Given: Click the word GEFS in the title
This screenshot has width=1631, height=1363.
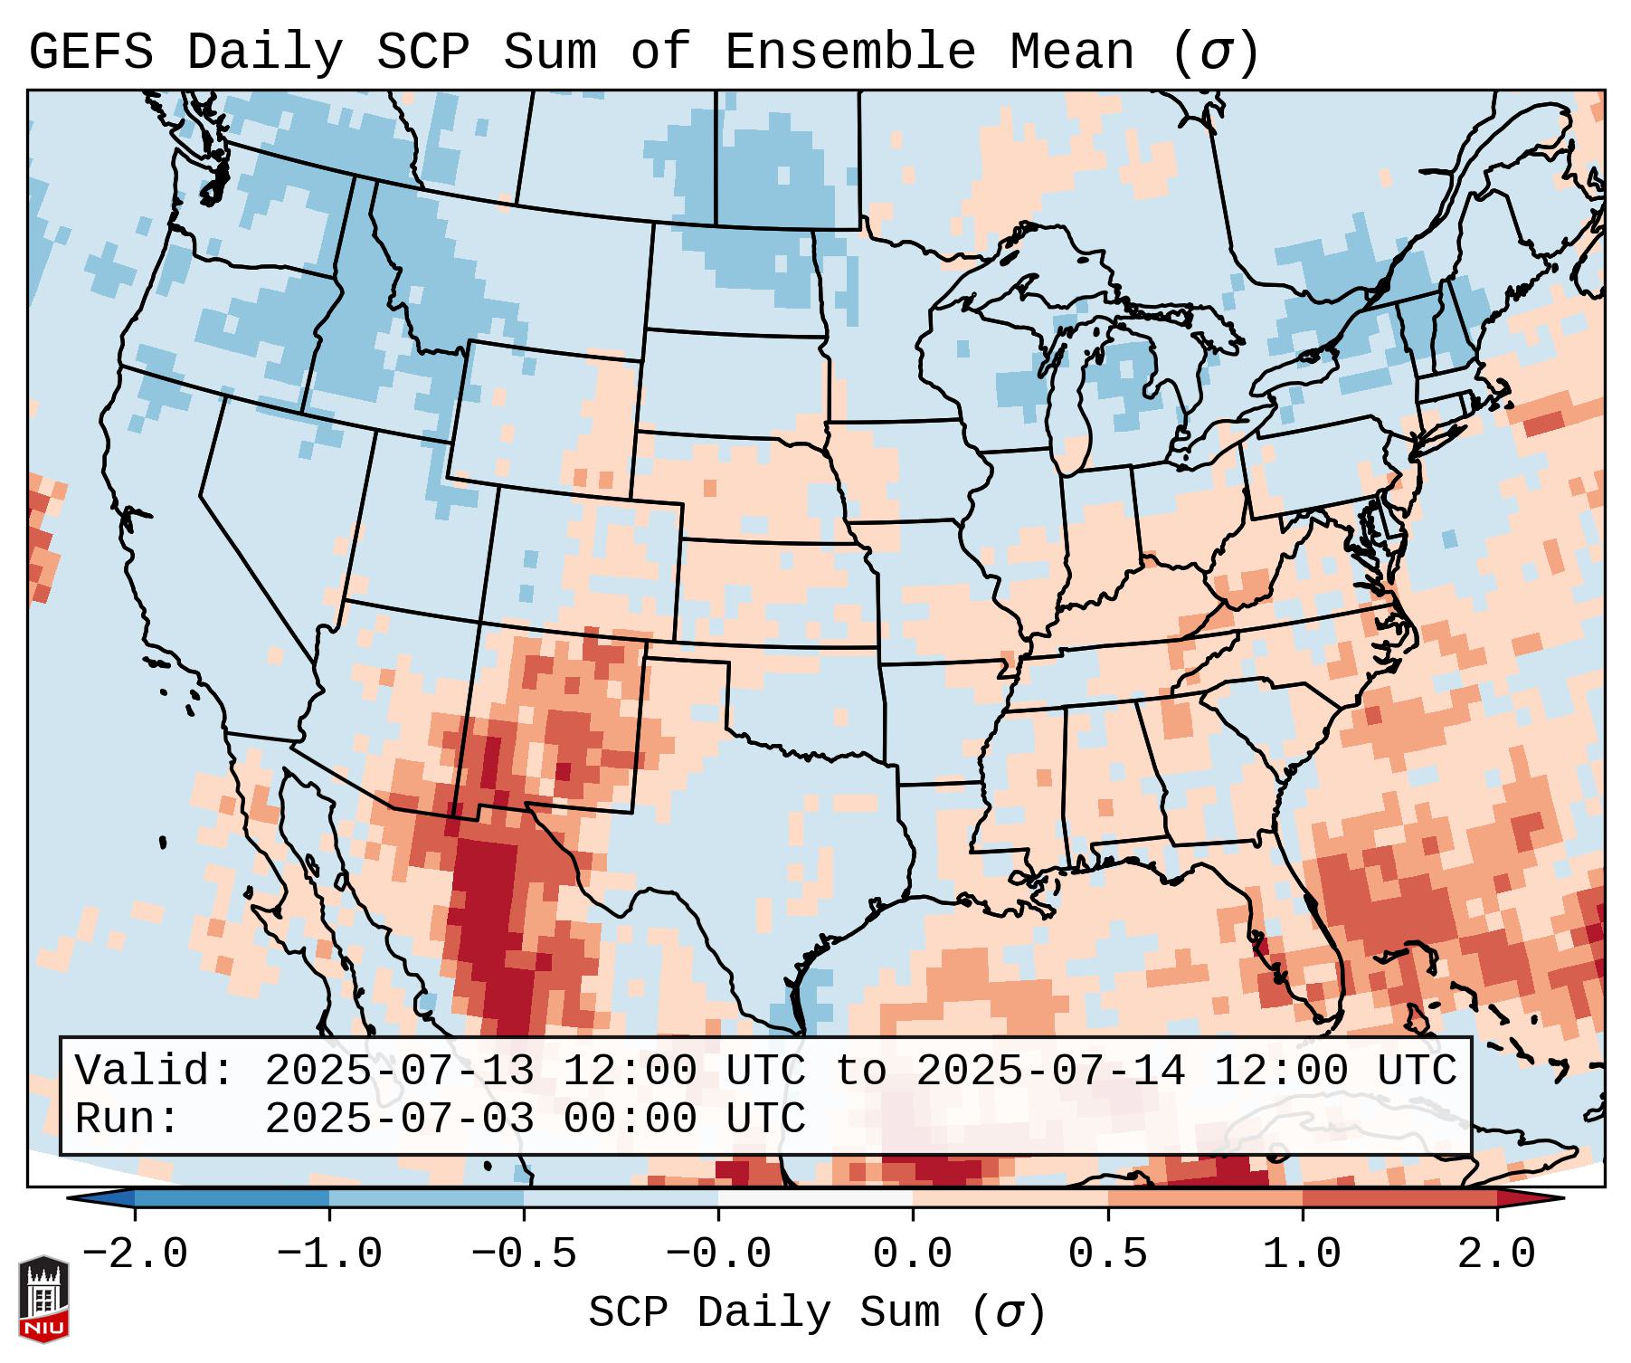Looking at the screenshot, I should coord(90,52).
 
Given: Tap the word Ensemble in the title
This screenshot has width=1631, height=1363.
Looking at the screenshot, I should coord(850,52).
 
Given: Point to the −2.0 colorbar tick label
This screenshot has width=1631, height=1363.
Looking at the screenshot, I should coord(135,1254).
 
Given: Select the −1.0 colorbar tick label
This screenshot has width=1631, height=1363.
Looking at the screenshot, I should coord(329,1254).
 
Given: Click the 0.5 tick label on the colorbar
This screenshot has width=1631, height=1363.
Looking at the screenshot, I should coord(1107,1254).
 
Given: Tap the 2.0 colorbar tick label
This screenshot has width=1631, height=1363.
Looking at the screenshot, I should coord(1496,1254).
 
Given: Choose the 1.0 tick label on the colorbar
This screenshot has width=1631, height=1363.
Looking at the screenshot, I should coord(1302,1254).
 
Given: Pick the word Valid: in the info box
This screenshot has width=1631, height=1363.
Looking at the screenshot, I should coord(155,1071).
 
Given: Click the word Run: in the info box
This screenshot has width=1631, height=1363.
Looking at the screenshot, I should coord(128,1119).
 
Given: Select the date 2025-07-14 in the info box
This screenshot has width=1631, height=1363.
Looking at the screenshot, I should coord(1050,1071).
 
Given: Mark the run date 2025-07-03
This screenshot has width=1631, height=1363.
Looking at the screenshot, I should coord(399,1119).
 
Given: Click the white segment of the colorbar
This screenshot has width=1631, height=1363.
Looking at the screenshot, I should coord(815,1198).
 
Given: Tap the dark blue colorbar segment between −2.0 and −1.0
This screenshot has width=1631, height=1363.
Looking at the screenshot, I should coord(232,1198).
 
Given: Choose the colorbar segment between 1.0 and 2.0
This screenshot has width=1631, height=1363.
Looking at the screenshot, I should coord(1399,1198).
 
